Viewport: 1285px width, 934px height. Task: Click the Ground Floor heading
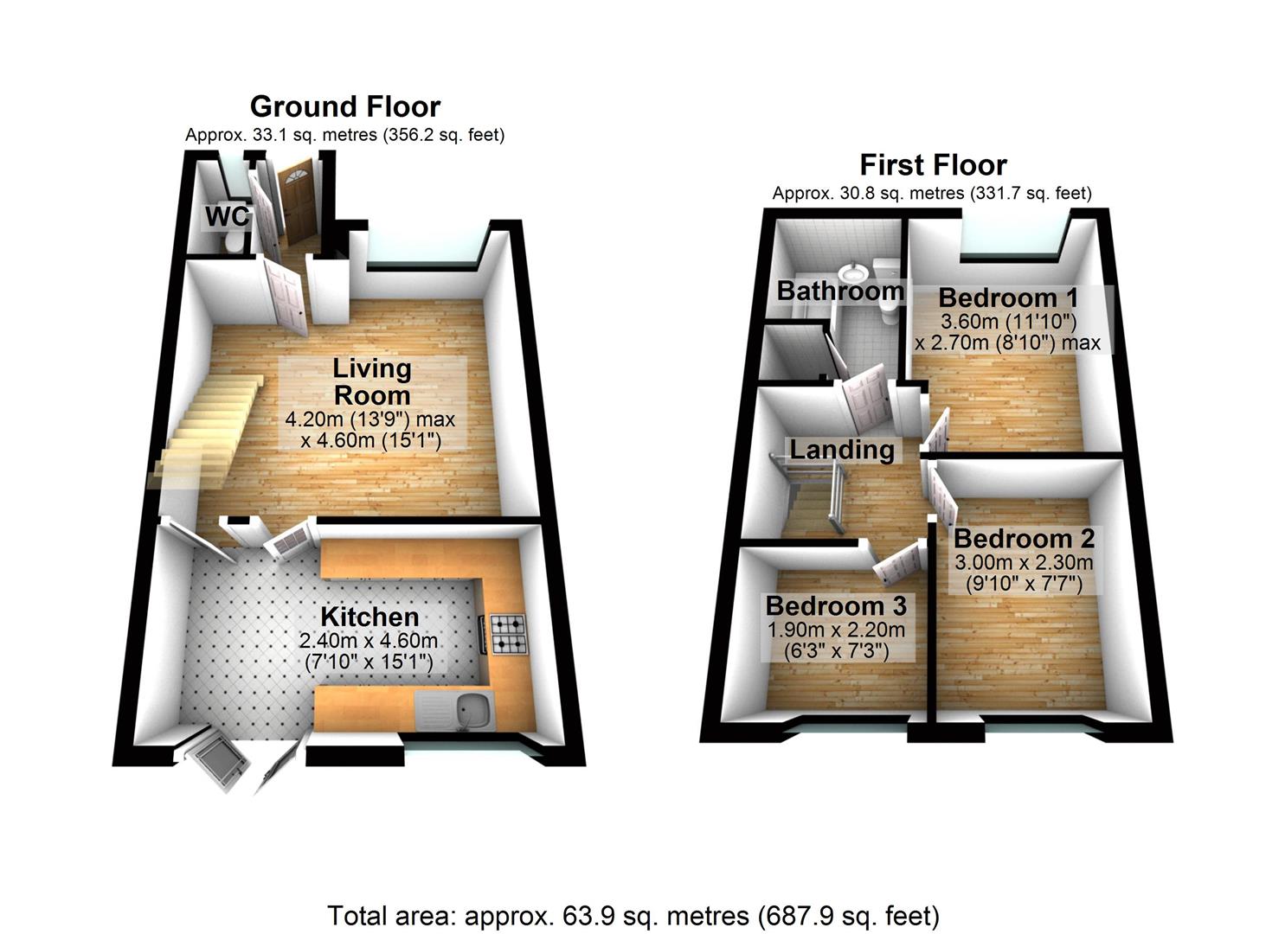(x=345, y=106)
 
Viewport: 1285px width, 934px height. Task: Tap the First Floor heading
(x=933, y=164)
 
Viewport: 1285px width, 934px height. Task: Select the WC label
(x=227, y=215)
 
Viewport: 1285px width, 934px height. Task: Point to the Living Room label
(x=372, y=381)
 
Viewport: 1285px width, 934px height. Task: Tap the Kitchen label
(x=369, y=617)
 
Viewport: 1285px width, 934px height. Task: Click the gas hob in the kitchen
(x=508, y=633)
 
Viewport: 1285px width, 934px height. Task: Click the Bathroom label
(x=839, y=291)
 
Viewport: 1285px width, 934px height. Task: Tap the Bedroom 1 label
(x=1008, y=297)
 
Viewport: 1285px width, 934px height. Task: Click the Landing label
(x=841, y=450)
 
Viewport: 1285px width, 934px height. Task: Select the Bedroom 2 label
(x=1024, y=538)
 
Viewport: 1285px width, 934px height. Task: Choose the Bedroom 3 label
(x=836, y=605)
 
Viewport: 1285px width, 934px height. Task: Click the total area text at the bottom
(x=633, y=915)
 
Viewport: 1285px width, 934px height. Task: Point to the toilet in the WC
(x=231, y=245)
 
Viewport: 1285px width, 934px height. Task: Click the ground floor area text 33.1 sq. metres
(x=344, y=135)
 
